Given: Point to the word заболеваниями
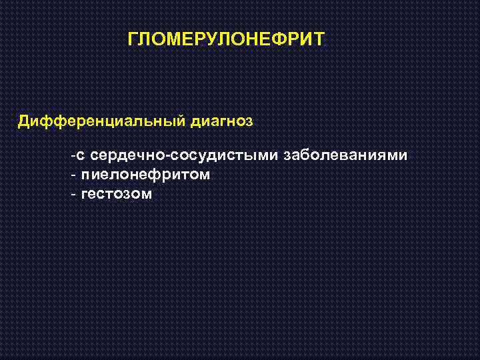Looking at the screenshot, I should [346, 156].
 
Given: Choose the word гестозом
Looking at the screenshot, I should [116, 195].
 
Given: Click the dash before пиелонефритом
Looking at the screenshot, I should [73, 176].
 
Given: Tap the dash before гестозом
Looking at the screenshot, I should [73, 195].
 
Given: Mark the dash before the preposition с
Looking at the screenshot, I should [73, 157].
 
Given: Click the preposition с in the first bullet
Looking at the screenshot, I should [80, 157].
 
